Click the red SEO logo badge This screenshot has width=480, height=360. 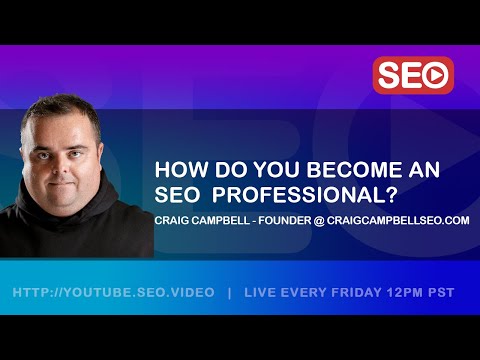[x=413, y=75]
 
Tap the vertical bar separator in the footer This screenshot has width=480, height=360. [x=230, y=292]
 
